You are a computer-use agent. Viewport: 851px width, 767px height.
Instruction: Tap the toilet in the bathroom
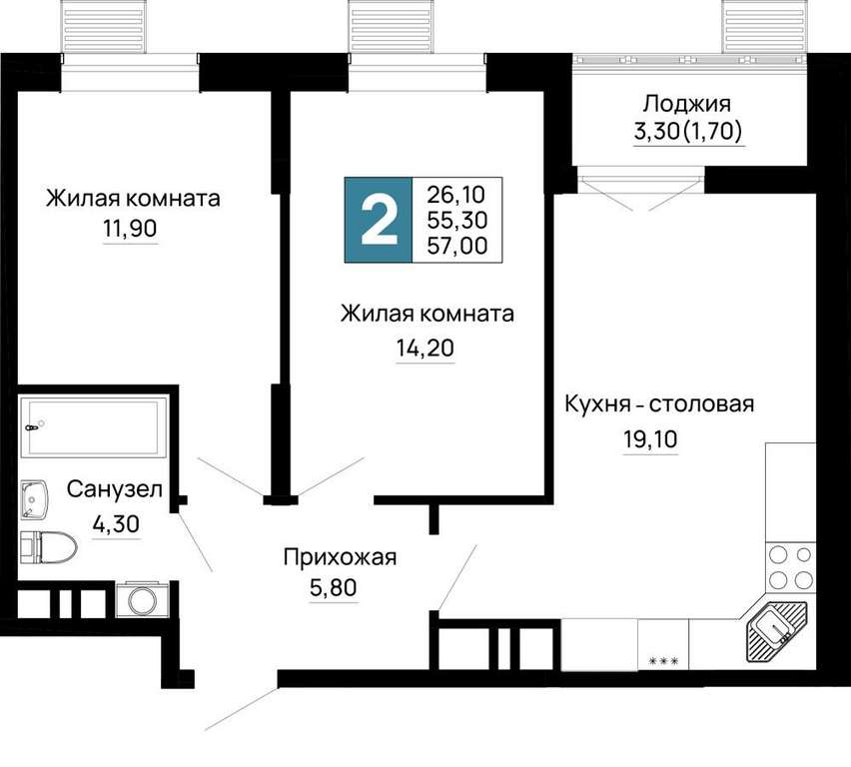pyautogui.click(x=48, y=546)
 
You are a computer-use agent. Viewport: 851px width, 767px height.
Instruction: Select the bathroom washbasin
pyautogui.click(x=35, y=499)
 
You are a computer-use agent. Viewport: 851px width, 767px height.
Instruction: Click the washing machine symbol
pyautogui.click(x=142, y=599)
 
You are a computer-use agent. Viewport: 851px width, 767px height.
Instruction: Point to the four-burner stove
pyautogui.click(x=790, y=568)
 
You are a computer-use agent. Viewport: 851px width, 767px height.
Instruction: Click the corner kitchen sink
pyautogui.click(x=776, y=632)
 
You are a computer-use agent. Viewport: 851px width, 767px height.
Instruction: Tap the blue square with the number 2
pyautogui.click(x=379, y=220)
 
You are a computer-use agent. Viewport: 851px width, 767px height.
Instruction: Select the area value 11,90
pyautogui.click(x=130, y=229)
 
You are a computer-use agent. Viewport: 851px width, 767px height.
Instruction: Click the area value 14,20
pyautogui.click(x=425, y=348)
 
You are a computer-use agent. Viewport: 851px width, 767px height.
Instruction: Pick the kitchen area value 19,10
pyautogui.click(x=650, y=439)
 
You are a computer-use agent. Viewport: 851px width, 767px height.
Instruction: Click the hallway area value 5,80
pyautogui.click(x=334, y=587)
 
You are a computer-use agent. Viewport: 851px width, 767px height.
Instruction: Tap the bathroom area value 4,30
pyautogui.click(x=116, y=524)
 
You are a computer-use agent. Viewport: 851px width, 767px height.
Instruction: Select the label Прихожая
pyautogui.click(x=341, y=557)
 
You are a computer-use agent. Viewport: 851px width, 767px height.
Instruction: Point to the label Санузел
pyautogui.click(x=115, y=489)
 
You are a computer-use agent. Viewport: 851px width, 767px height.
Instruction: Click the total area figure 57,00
pyautogui.click(x=457, y=246)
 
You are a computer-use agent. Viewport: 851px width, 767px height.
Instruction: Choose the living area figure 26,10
pyautogui.click(x=455, y=194)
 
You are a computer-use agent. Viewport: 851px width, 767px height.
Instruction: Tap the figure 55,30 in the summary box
pyautogui.click(x=457, y=220)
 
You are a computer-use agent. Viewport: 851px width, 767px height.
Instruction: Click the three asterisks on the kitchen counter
pyautogui.click(x=664, y=660)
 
